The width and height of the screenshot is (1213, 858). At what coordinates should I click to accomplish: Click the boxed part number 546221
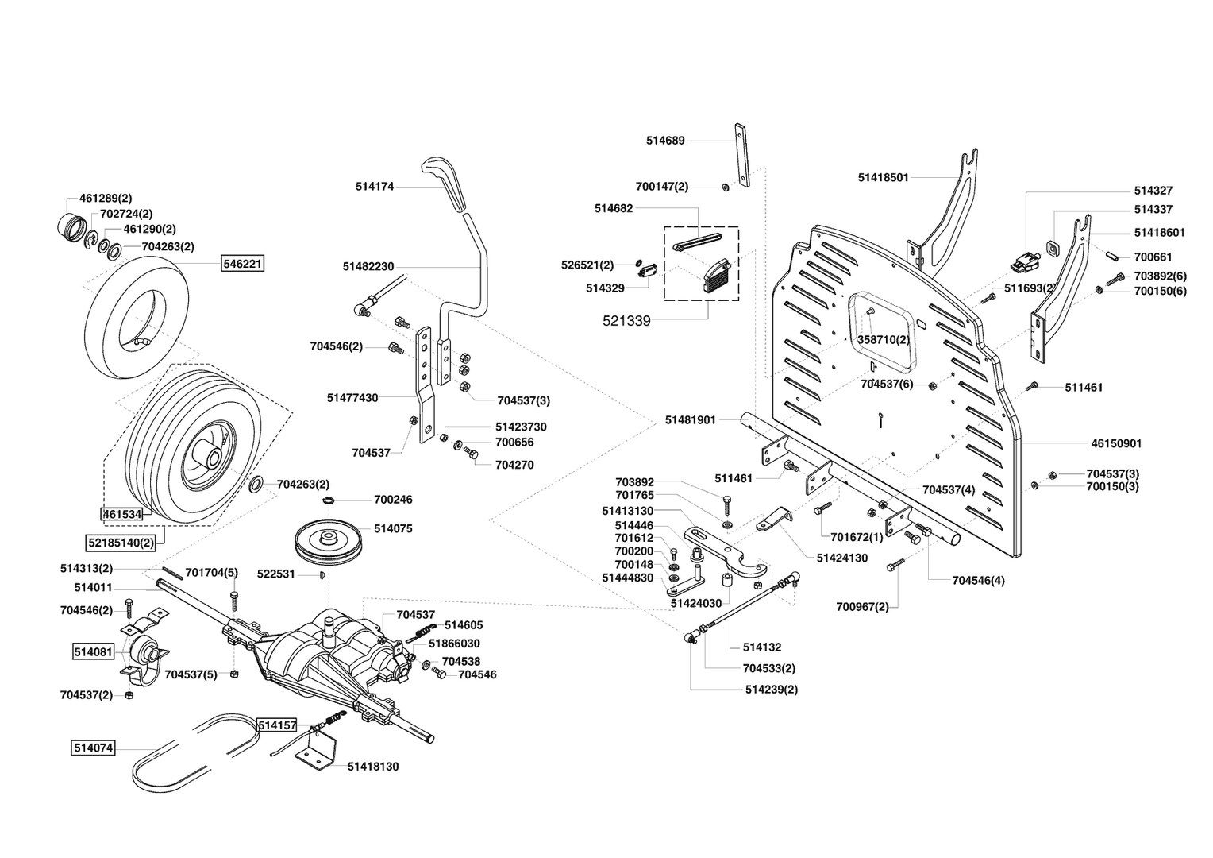242,264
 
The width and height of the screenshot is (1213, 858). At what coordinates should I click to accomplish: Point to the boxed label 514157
276,725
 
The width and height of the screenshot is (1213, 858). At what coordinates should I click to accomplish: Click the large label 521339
626,321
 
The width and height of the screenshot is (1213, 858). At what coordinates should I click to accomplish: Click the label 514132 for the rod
762,647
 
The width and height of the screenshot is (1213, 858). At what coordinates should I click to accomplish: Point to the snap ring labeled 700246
331,500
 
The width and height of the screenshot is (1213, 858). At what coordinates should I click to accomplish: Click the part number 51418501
883,178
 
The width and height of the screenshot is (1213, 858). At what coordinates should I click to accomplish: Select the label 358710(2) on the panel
883,339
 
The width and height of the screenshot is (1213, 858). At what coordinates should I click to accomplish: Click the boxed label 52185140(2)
120,543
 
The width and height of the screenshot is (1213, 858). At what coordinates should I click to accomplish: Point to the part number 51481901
691,419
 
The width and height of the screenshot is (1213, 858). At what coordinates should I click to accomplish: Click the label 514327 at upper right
1153,191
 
